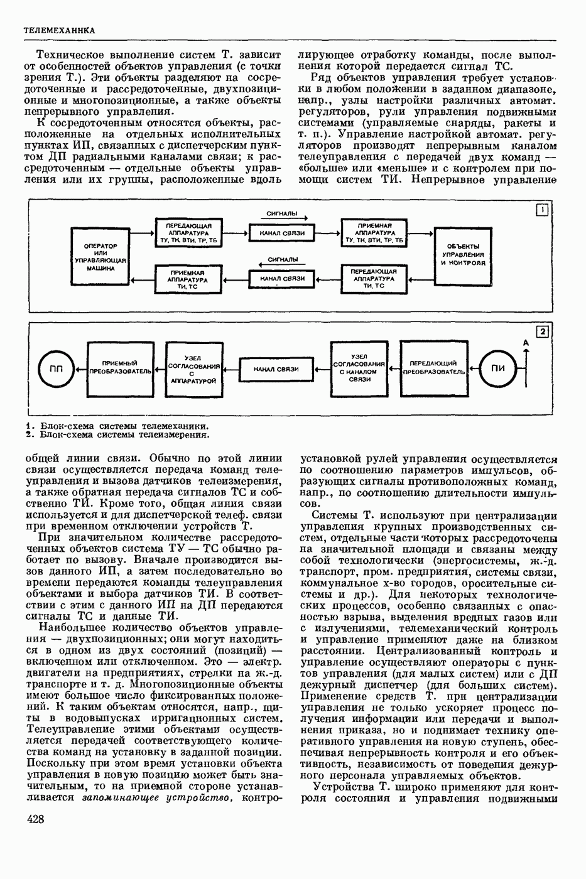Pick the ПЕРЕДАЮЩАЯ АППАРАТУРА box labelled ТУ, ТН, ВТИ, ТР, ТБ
point(189,232)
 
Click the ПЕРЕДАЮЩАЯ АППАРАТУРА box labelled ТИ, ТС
point(374,278)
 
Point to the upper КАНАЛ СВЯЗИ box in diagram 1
point(281,233)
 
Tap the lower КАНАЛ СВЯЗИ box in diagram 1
point(281,278)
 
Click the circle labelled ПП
point(56,369)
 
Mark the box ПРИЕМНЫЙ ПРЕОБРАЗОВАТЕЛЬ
point(120,368)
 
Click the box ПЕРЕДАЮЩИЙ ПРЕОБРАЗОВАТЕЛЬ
point(433,367)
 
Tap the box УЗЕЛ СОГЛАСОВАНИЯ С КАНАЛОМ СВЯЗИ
point(359,368)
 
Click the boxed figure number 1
point(542,210)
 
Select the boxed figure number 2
point(542,332)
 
